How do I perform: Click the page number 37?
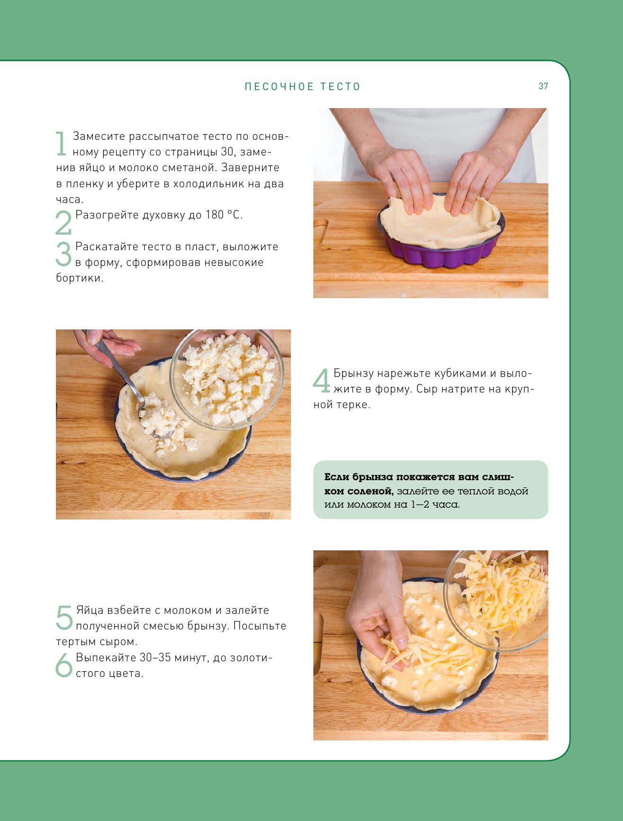(x=543, y=86)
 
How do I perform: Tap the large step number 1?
(x=61, y=144)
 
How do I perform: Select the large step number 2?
(x=63, y=222)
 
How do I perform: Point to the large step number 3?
(x=63, y=254)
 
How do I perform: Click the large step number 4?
(x=322, y=381)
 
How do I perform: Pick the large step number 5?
(x=64, y=618)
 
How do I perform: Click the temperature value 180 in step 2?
(x=215, y=215)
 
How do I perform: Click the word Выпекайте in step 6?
(x=106, y=658)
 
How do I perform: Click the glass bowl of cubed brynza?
(x=227, y=379)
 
